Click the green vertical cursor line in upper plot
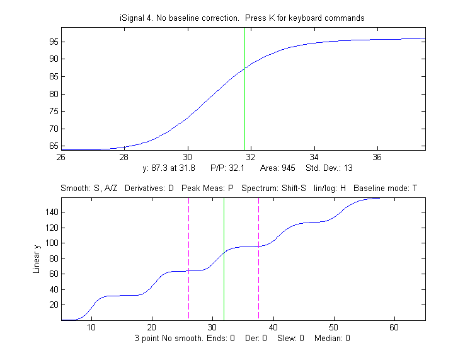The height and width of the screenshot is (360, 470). (244, 95)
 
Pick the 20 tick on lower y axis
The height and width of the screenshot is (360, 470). (52, 305)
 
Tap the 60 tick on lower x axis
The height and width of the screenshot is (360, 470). (394, 327)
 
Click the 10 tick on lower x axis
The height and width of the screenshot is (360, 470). (92, 327)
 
